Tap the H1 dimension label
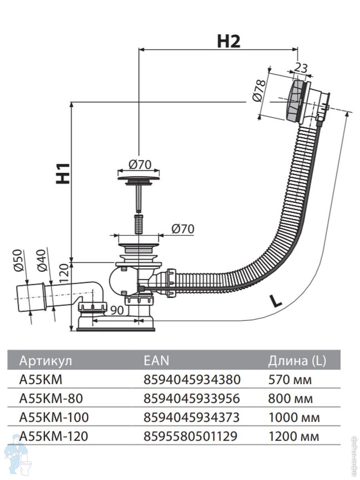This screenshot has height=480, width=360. [63, 173]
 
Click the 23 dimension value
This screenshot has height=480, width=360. [301, 67]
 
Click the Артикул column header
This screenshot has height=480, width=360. [46, 361]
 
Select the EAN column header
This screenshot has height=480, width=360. [156, 361]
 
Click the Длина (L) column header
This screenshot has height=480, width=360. [297, 361]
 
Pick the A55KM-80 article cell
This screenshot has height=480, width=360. [51, 398]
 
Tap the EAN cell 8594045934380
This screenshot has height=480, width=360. [192, 379]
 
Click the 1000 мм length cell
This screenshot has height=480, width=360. [294, 418]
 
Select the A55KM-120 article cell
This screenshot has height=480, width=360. [54, 436]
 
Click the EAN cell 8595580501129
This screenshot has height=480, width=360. [190, 436]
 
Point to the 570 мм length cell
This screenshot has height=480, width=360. [290, 379]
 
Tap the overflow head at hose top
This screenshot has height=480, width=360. [306, 100]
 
